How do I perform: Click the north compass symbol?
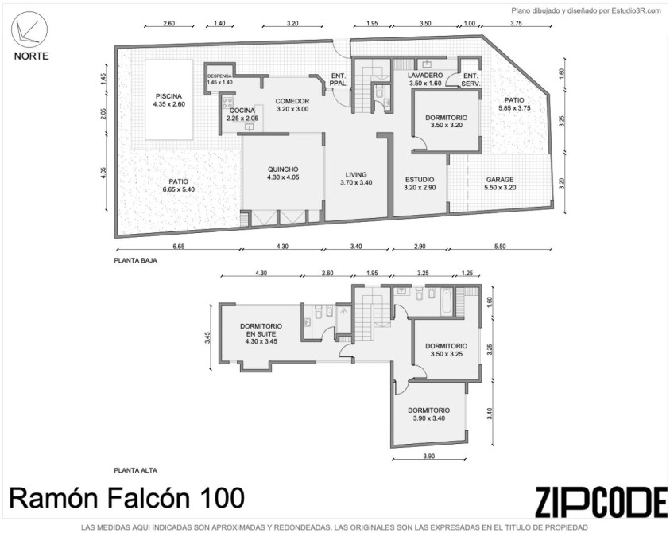click(29, 29)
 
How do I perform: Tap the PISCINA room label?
click(168, 96)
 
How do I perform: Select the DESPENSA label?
click(219, 76)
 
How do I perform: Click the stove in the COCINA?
click(227, 103)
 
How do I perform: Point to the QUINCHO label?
click(283, 169)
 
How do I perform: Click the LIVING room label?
click(356, 174)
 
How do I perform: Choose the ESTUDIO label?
click(420, 180)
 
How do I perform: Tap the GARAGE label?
click(500, 180)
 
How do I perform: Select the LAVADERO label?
click(425, 76)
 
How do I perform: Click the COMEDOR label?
click(292, 101)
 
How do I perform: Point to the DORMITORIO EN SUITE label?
click(261, 330)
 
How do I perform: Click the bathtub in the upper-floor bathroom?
click(446, 302)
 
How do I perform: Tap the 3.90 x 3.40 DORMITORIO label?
click(428, 414)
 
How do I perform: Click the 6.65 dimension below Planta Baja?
click(178, 247)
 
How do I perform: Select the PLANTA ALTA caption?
click(135, 470)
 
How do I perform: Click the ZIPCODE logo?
click(601, 501)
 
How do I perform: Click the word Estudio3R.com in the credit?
click(637, 11)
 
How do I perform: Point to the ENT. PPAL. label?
click(339, 80)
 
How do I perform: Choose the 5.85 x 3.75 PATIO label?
click(514, 104)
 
